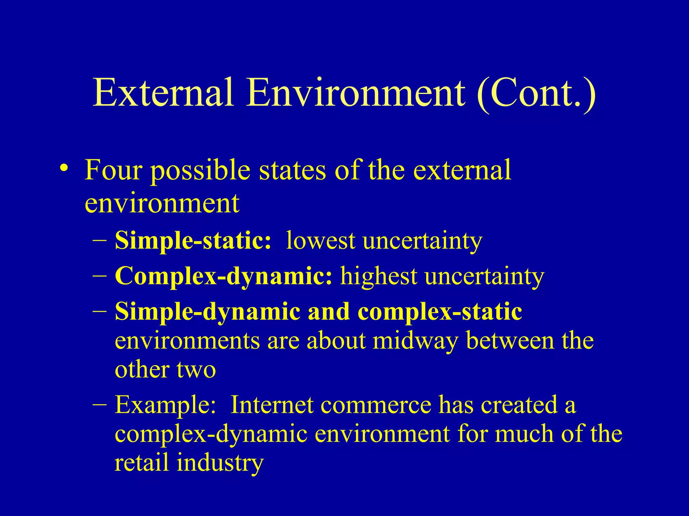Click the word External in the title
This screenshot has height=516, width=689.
tap(163, 92)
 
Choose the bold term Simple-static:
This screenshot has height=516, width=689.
tap(193, 241)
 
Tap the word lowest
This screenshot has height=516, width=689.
tap(321, 241)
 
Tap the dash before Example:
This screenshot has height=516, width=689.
tap(100, 404)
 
